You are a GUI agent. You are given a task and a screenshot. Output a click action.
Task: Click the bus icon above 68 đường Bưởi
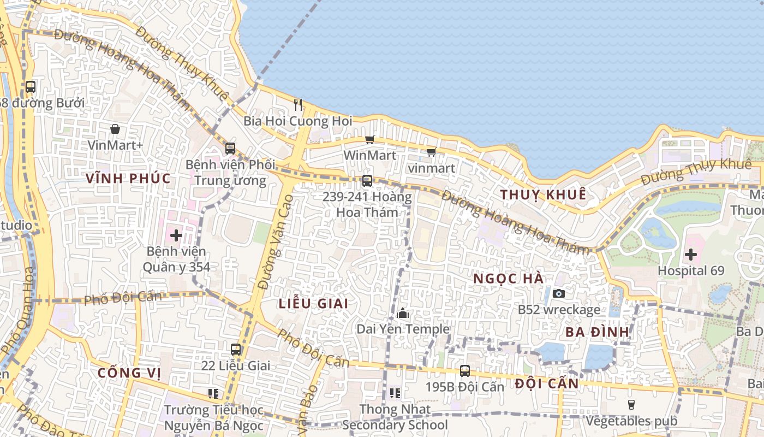(x=31, y=86)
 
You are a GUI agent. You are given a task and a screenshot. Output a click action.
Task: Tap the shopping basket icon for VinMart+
(x=115, y=129)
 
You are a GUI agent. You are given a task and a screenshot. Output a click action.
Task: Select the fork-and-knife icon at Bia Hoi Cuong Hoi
(x=298, y=104)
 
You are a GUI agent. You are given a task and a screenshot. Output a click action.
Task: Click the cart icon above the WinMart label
(x=370, y=139)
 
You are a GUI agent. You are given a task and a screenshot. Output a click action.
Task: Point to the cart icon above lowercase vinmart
(x=431, y=152)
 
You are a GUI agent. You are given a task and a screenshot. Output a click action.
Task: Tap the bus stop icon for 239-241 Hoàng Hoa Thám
(x=367, y=180)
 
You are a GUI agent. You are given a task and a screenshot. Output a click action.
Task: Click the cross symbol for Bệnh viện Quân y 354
(x=176, y=235)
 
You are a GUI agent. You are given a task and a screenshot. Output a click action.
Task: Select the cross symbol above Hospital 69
(x=691, y=254)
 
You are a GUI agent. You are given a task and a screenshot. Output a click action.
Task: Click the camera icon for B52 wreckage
(x=558, y=293)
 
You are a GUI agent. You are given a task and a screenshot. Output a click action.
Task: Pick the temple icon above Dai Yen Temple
(x=403, y=313)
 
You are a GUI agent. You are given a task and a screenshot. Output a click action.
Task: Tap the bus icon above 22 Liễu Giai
(x=236, y=349)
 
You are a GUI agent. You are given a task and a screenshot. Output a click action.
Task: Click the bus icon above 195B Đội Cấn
(x=465, y=370)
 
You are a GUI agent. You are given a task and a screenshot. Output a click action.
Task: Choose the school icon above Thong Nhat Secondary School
(x=395, y=393)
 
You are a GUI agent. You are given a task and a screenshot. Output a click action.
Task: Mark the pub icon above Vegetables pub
(x=631, y=405)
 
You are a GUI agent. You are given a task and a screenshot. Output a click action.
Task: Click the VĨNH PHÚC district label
(x=128, y=178)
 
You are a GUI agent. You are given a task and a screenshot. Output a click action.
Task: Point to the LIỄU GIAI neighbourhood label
(x=313, y=304)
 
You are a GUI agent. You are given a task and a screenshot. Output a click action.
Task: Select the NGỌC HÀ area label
(x=508, y=279)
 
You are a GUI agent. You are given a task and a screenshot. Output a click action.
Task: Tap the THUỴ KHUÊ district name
(x=543, y=194)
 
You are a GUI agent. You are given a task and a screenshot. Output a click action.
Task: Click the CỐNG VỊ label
(x=129, y=373)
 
